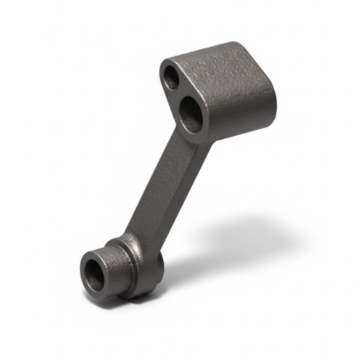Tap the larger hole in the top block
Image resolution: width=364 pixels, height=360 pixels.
(x=190, y=114)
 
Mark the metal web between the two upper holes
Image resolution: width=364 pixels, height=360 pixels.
(x=179, y=93)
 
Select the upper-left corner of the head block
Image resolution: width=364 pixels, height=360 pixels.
(x=165, y=63)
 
